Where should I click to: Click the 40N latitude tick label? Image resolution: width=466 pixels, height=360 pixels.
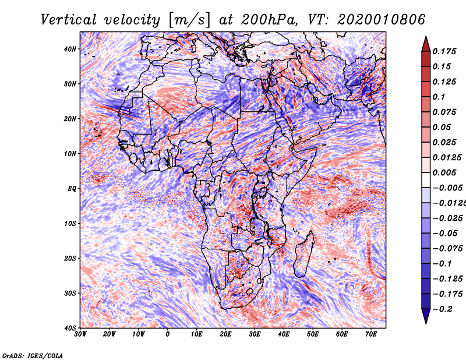[x=69, y=49]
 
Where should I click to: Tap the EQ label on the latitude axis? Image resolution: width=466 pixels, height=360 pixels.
[x=72, y=189]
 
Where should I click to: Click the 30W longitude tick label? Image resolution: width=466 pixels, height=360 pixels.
[x=80, y=334]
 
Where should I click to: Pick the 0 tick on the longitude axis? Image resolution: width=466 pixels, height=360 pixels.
[x=168, y=334]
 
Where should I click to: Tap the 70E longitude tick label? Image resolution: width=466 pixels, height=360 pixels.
[x=371, y=334]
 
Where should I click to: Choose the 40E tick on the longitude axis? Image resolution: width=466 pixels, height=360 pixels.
[x=284, y=334]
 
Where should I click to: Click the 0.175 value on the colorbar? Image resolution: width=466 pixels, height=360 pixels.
[x=444, y=51]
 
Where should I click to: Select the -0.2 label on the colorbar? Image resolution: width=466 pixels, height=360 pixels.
[x=442, y=309]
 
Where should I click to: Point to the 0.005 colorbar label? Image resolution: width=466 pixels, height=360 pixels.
[x=444, y=172]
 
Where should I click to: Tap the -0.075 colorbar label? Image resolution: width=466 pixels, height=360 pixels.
[x=448, y=249]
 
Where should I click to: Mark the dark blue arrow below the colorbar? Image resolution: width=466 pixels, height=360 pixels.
[x=426, y=316]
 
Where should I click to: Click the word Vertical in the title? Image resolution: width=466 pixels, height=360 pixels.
[x=69, y=20]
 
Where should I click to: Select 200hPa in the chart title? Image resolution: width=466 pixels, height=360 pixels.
[x=269, y=20]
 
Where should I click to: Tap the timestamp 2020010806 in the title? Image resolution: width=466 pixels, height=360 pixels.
[x=382, y=20]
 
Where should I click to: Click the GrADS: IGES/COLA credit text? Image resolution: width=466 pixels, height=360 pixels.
[x=33, y=355]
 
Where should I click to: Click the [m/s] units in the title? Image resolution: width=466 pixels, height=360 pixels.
[x=189, y=20]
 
